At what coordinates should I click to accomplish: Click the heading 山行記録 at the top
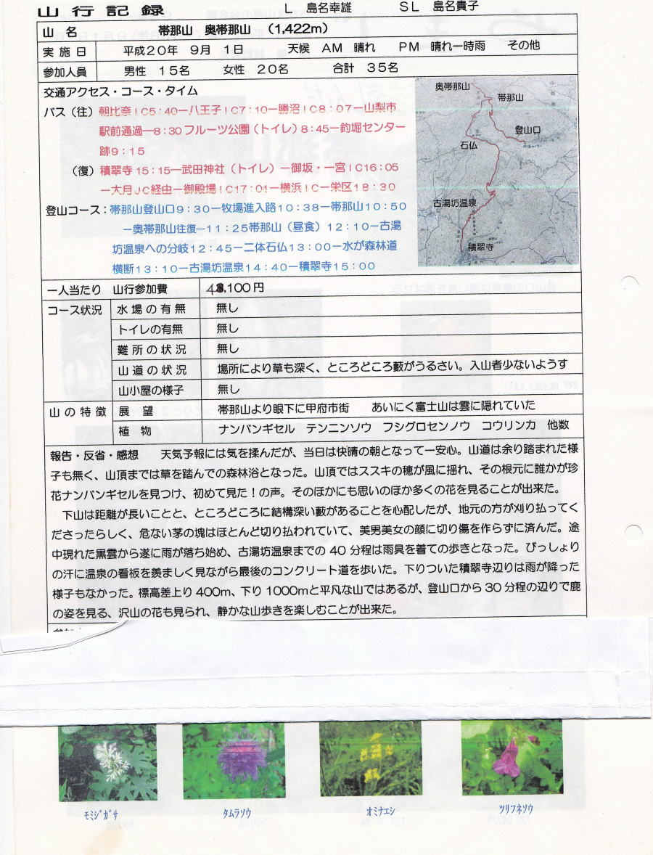pyautogui.click(x=100, y=10)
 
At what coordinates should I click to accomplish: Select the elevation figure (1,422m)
pyautogui.click(x=298, y=29)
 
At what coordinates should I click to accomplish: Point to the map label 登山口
pyautogui.click(x=528, y=129)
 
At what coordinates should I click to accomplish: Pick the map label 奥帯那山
pyautogui.click(x=452, y=86)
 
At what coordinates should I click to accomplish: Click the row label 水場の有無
pyautogui.click(x=151, y=308)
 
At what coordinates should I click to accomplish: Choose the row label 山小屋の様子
pyautogui.click(x=151, y=390)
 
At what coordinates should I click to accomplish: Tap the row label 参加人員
pyautogui.click(x=65, y=71)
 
